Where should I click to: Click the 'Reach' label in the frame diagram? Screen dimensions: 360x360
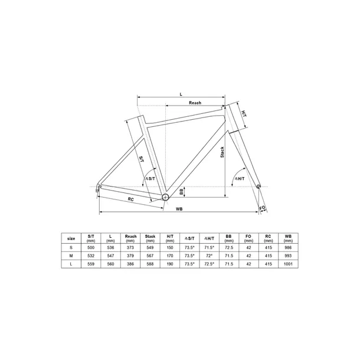(195, 103)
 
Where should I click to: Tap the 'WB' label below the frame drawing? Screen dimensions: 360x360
(179, 209)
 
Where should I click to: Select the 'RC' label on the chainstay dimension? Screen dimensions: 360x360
(130, 199)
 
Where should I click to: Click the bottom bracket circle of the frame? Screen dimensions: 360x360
(165, 196)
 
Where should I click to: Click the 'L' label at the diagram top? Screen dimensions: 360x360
(181, 93)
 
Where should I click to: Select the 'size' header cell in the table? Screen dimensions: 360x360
(71, 238)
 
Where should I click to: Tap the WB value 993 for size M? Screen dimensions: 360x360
(288, 257)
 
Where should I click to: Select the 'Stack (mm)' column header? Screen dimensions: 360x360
(150, 238)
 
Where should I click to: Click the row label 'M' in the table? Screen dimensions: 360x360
(71, 257)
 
